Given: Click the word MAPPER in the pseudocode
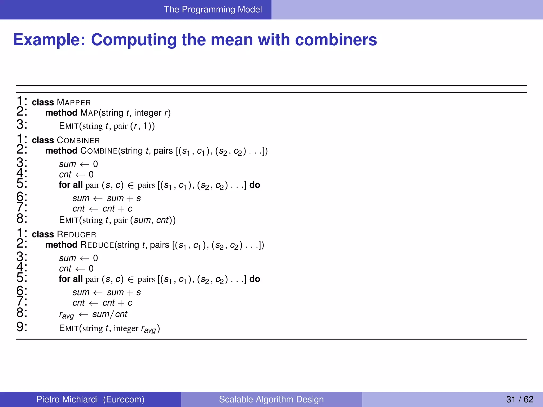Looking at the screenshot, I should point(74,103).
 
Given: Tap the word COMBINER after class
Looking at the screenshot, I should point(78,140).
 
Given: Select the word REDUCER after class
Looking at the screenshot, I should point(77,235).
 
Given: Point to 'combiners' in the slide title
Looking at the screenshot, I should point(336,40).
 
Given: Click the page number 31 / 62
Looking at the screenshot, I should point(519,399).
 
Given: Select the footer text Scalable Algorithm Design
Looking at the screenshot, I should point(271,399).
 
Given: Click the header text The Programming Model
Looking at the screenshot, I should point(213,10).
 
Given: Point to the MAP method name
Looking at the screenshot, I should point(89,113).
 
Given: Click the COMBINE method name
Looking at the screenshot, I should point(99,151).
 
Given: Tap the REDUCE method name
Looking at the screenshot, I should point(97,245).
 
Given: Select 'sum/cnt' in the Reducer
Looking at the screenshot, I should point(110,314).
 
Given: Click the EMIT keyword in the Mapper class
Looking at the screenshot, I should point(69,126).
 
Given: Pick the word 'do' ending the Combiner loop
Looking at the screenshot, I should point(255,185).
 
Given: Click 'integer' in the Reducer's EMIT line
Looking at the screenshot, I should point(126,329).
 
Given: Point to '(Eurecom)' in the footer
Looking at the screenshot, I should point(124,399).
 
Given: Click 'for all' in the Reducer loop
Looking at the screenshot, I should point(71,279).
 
